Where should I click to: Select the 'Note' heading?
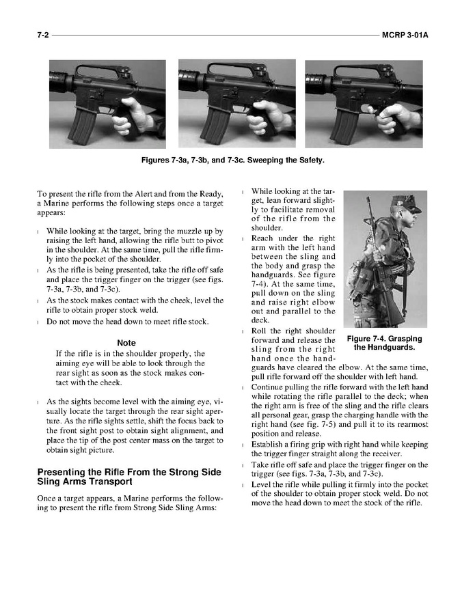coord(126,343)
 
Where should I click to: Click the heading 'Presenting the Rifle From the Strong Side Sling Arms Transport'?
coord(129,476)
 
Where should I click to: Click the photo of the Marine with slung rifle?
coord(385,260)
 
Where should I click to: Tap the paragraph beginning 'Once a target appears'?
coord(130,503)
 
